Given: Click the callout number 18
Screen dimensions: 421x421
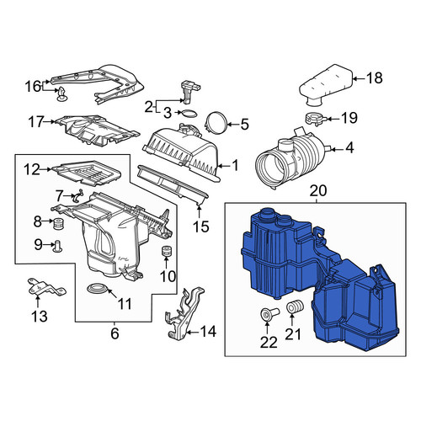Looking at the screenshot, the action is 375,77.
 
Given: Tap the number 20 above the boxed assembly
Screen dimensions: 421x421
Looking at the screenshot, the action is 318,190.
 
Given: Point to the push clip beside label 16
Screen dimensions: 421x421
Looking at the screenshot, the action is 61,94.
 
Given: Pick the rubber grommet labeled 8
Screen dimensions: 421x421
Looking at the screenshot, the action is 58,223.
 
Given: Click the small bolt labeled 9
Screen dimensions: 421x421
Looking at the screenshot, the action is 58,246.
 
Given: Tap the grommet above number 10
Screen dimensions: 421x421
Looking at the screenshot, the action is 167,251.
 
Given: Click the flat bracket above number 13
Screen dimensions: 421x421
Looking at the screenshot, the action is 46,287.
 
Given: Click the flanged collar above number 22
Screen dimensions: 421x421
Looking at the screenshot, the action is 269,313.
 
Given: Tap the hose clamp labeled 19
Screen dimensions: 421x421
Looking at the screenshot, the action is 315,118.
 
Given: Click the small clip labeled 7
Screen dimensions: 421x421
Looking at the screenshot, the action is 77,195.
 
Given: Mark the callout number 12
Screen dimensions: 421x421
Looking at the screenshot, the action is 32,169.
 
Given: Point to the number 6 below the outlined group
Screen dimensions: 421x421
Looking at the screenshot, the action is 115,333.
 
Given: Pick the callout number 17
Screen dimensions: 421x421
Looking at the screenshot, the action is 36,121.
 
